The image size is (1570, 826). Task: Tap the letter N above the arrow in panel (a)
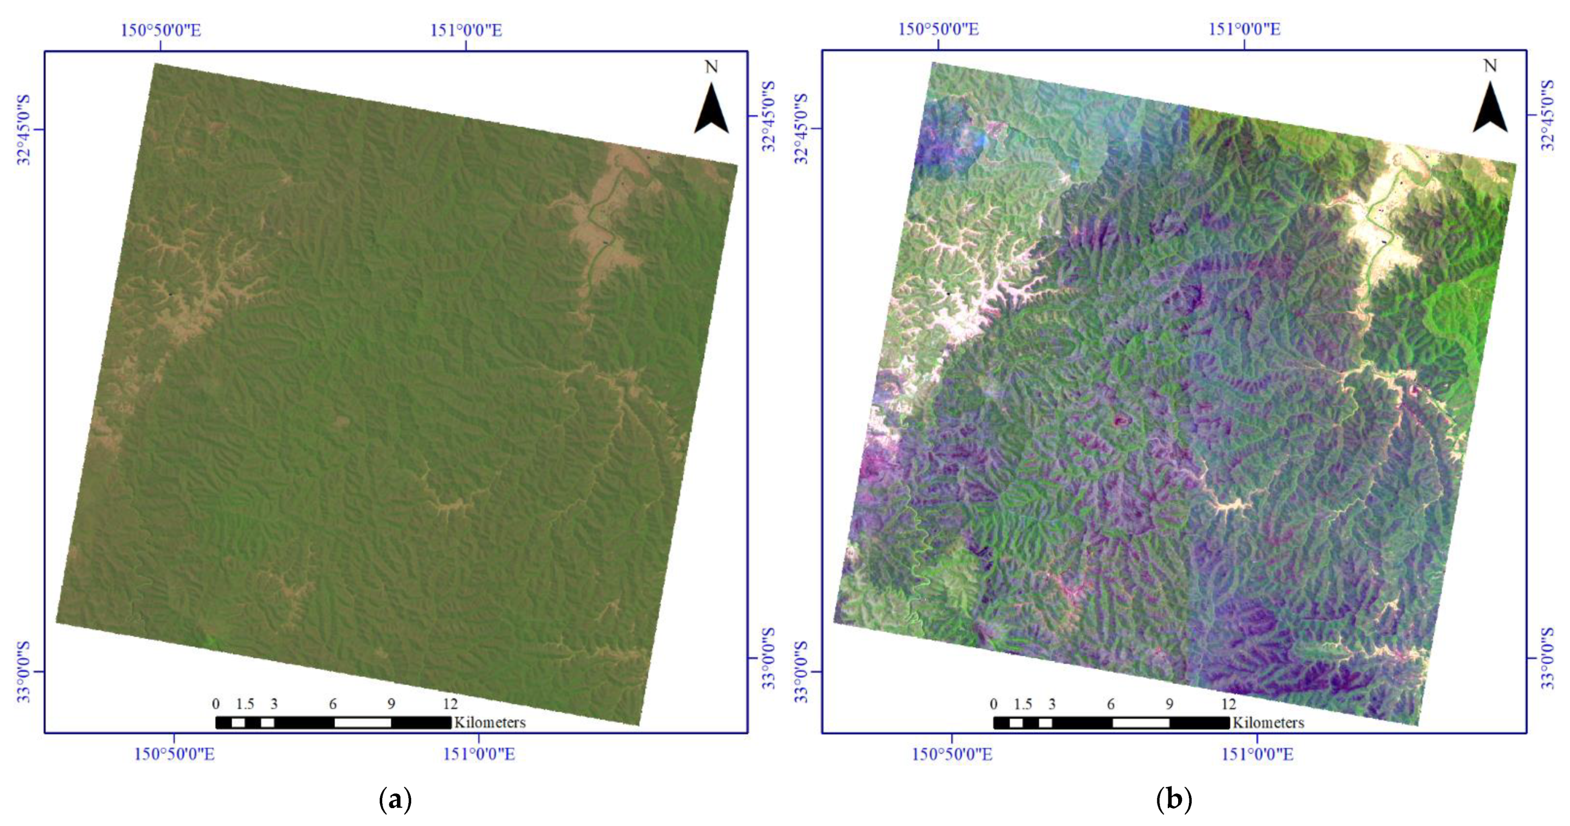coord(711,66)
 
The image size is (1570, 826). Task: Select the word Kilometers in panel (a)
coord(489,722)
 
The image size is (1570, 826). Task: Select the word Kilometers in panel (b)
coord(1268,722)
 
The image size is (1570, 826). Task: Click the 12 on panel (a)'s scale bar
coord(450,704)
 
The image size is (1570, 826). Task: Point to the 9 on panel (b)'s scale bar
coord(1169,704)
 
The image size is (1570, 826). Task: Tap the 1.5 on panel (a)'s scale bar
coord(245,704)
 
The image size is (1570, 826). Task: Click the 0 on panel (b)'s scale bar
coord(993,704)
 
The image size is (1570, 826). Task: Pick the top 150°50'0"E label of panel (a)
coord(160,30)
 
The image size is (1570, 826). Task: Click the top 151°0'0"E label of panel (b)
coord(1244,29)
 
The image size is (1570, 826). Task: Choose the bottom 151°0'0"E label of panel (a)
coord(479,754)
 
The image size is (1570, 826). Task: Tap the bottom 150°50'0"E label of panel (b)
coord(952,754)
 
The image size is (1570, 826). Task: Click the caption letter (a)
coord(395,798)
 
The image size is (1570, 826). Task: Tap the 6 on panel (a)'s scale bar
coord(333,704)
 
